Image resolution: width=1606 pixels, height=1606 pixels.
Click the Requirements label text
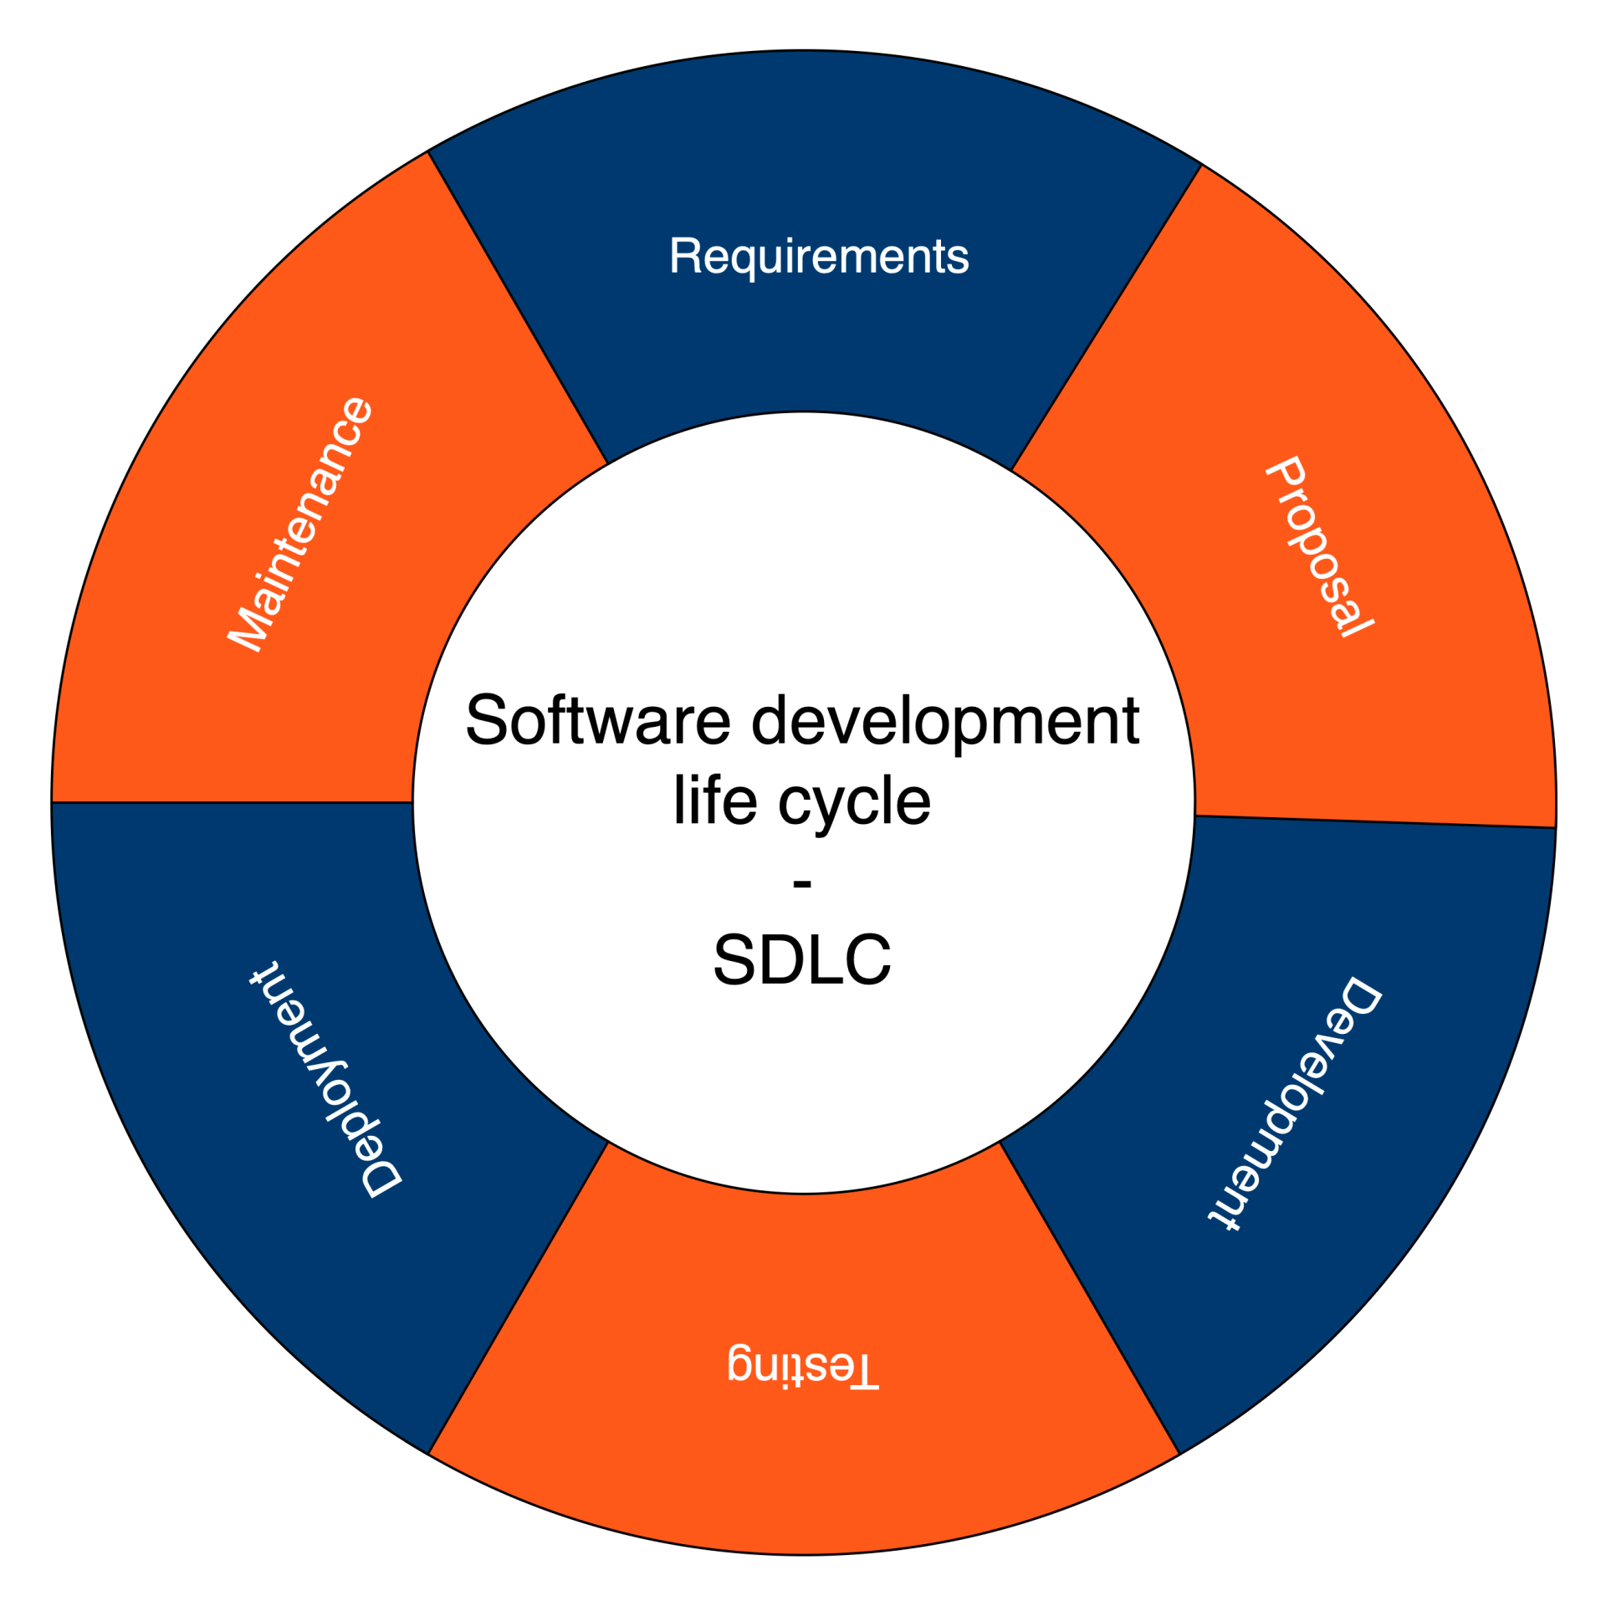click(819, 256)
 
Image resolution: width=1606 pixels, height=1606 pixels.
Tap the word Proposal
click(1319, 547)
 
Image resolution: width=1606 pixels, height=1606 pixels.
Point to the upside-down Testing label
click(803, 1367)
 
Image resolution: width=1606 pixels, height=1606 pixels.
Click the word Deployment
click(327, 1080)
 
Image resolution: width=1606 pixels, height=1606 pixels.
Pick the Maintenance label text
click(300, 524)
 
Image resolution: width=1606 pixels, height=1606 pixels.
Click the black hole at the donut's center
click(803, 803)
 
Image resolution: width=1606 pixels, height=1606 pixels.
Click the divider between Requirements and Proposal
click(1106, 318)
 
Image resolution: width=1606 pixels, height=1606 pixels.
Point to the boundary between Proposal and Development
click(1375, 821)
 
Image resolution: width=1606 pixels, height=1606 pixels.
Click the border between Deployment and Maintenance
click(233, 802)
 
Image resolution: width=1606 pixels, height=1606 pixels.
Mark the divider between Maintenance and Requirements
click(518, 308)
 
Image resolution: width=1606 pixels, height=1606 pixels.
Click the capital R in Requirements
click(684, 256)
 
